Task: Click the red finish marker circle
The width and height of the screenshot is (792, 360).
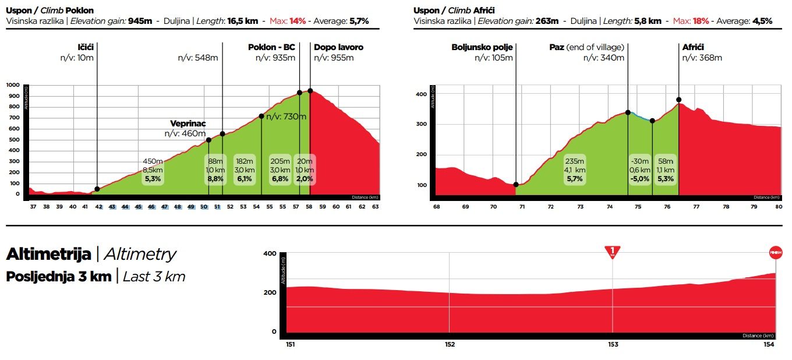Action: pos(775,252)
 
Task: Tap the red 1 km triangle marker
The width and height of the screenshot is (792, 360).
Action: pos(612,252)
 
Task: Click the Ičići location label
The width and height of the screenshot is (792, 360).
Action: pos(86,47)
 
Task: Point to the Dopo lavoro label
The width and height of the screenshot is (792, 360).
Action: pos(338,47)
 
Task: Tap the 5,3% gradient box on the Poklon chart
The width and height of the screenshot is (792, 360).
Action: pos(153,170)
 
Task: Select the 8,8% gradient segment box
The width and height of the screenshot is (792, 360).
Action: pos(215,170)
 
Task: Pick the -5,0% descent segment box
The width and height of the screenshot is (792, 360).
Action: pos(639,170)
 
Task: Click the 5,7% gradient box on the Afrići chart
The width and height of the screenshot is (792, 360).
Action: pos(574,170)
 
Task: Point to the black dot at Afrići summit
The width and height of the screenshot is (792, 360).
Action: pos(678,100)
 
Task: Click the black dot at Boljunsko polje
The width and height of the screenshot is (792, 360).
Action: pos(516,185)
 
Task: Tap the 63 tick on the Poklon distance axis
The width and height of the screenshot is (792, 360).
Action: pos(375,207)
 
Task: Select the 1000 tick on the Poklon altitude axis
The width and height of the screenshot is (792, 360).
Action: pos(13,85)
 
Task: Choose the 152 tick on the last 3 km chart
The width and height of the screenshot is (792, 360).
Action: pos(450,344)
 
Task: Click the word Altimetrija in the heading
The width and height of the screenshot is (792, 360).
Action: pos(48,255)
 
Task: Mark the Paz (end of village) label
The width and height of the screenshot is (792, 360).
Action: pos(586,47)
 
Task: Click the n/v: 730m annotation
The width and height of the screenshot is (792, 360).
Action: pos(286,117)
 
